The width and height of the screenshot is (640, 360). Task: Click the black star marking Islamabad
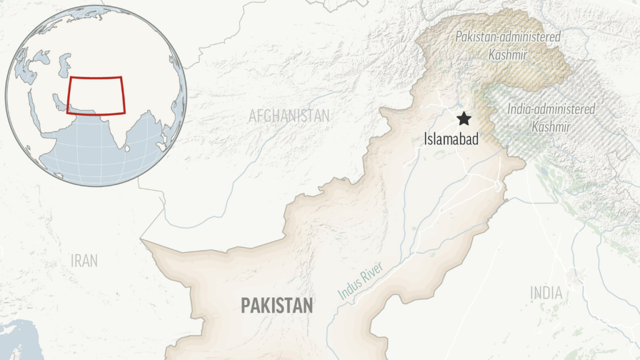[464, 119]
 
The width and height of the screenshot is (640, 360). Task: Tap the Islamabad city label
[451, 139]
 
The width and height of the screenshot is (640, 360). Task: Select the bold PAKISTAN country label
[277, 306]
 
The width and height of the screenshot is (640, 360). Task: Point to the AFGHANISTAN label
[289, 116]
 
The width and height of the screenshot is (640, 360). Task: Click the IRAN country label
[84, 261]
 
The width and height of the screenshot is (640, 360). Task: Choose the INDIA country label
[546, 292]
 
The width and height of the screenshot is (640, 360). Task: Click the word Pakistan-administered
[507, 37]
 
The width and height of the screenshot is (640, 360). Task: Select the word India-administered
[551, 109]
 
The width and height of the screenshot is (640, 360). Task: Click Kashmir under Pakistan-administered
[509, 54]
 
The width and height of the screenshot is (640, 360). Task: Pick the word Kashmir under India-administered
[551, 127]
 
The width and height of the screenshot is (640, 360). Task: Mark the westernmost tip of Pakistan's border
[141, 239]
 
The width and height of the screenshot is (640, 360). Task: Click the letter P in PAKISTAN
[246, 306]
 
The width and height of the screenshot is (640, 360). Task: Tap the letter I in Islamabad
[426, 139]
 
